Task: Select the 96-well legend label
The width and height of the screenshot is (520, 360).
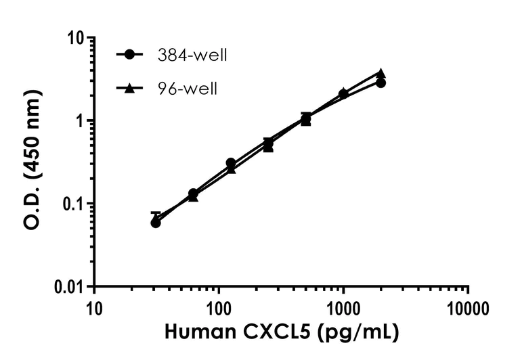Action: coord(184,89)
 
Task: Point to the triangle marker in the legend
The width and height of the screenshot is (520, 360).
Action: coord(129,88)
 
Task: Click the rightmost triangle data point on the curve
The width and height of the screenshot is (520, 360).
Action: coord(381,72)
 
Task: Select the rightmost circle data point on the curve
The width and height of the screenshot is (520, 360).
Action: coord(381,83)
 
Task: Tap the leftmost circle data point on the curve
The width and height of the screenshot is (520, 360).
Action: coord(156,223)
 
